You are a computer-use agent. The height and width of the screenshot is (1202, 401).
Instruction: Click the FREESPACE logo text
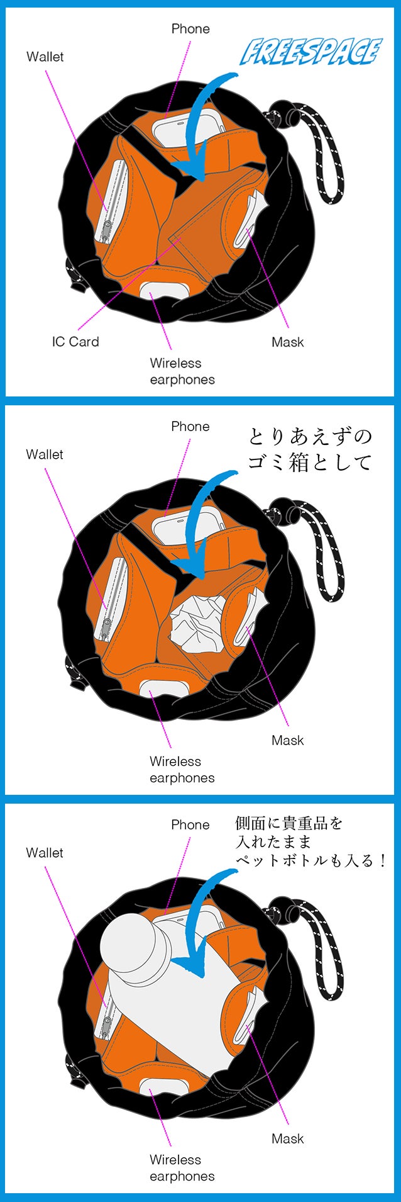click(311, 52)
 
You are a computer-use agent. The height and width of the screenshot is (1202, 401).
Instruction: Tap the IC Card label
click(75, 342)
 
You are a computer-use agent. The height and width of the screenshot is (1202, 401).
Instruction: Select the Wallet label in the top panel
click(45, 57)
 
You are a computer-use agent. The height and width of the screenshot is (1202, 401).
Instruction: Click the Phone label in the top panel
click(190, 28)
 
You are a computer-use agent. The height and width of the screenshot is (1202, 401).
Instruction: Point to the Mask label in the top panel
click(287, 342)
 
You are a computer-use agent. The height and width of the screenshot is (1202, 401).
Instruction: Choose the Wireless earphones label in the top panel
click(182, 371)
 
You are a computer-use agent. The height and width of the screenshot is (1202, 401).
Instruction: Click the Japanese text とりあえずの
click(310, 436)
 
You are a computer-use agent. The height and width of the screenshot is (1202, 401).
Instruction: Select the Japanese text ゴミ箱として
click(310, 463)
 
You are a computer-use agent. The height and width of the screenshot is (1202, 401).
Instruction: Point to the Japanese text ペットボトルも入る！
click(311, 860)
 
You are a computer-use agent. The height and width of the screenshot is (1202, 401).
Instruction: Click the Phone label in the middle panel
click(190, 426)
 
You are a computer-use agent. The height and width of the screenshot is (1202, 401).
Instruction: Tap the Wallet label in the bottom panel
click(45, 853)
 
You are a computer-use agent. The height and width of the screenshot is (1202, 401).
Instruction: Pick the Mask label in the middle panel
click(287, 740)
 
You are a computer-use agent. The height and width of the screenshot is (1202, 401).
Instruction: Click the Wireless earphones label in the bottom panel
click(182, 1167)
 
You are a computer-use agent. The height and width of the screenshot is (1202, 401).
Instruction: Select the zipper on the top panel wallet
click(108, 201)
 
